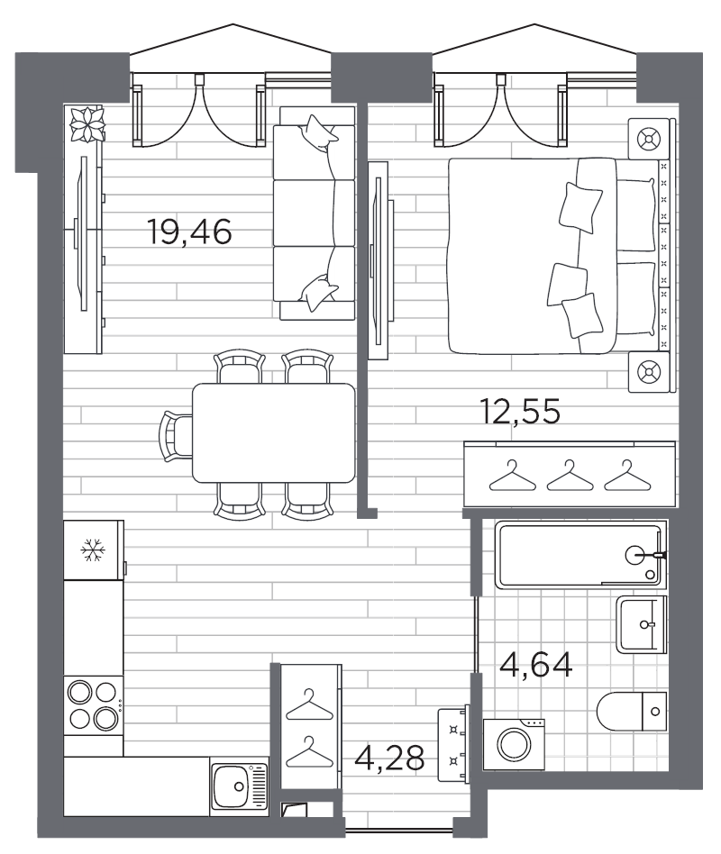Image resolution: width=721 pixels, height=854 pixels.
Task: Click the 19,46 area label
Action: (189, 232)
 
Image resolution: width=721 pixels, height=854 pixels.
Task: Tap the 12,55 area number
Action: (520, 411)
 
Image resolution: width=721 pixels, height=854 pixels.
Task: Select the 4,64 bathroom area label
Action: (536, 665)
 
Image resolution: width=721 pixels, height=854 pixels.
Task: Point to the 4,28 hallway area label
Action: (389, 758)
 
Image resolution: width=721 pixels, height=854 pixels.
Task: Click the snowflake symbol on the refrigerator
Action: (92, 550)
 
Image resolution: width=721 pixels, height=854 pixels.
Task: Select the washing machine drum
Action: (515, 744)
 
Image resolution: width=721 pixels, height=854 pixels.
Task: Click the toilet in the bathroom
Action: (632, 712)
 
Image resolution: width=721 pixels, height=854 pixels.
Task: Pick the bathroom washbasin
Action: (642, 623)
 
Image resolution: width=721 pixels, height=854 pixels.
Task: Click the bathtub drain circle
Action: (634, 555)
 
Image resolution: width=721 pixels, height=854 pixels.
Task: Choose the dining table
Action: (274, 433)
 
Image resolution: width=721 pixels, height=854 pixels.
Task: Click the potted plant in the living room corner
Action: (87, 124)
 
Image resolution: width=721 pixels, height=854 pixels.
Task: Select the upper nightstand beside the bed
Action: (649, 139)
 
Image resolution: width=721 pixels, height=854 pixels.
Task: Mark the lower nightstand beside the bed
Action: (649, 372)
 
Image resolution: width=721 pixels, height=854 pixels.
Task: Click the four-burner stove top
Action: (93, 706)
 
